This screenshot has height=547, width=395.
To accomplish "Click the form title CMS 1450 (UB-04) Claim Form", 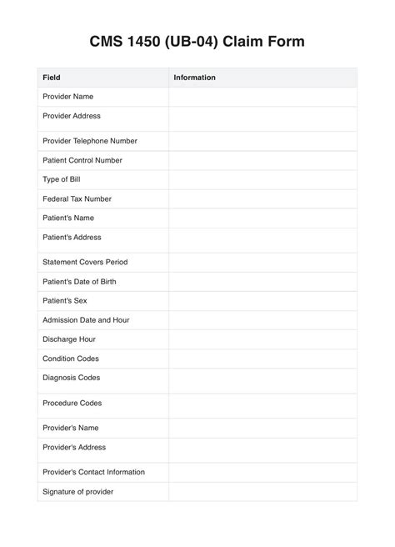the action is (197, 41).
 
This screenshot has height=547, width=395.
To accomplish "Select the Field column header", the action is (52, 78).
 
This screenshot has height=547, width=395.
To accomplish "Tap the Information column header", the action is (194, 78).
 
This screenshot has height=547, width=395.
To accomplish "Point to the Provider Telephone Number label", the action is (90, 141).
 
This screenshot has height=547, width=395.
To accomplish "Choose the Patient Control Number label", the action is (82, 160).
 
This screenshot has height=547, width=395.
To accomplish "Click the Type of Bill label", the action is (61, 179).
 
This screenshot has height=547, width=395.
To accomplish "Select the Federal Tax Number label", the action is (77, 198).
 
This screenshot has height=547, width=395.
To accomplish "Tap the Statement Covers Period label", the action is (85, 262).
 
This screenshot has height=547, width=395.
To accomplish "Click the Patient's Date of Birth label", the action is (79, 281).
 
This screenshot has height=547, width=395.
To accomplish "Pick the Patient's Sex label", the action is (64, 300).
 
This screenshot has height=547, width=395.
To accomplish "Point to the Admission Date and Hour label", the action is (86, 319).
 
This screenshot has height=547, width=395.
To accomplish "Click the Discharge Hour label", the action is (69, 339).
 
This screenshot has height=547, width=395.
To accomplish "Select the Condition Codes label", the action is (71, 359).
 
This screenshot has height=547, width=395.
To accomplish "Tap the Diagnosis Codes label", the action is (71, 378).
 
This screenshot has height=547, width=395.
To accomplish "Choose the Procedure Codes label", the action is (72, 403).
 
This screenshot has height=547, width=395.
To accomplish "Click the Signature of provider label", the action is (77, 491).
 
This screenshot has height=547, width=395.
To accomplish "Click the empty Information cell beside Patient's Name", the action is (262, 218).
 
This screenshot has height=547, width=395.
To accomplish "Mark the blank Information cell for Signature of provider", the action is (262, 491).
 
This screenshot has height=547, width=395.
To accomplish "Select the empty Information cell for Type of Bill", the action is (262, 179).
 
